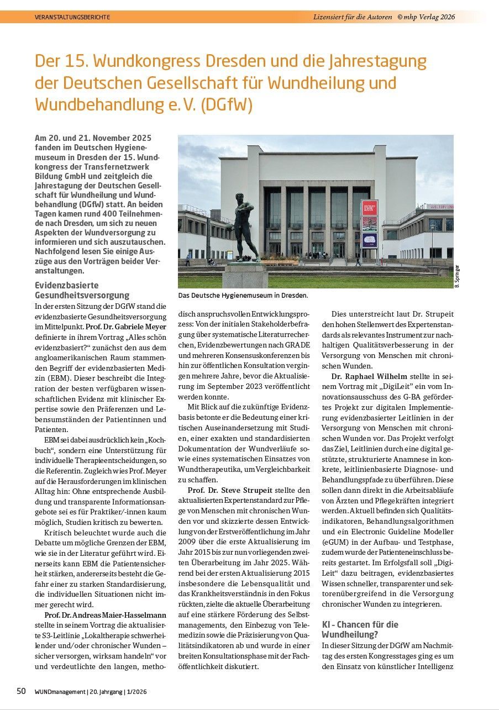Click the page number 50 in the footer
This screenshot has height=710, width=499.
pos(21,691)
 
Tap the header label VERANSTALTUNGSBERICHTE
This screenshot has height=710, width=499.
pos(72,17)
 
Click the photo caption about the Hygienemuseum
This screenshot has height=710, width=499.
pos(243,296)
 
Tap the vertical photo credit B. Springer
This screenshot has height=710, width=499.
pos(457,276)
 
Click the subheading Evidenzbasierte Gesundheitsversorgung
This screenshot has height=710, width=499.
pos(82,291)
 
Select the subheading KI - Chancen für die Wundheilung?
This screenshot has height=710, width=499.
pos(360,629)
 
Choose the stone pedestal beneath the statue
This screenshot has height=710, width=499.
pos(244,275)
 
